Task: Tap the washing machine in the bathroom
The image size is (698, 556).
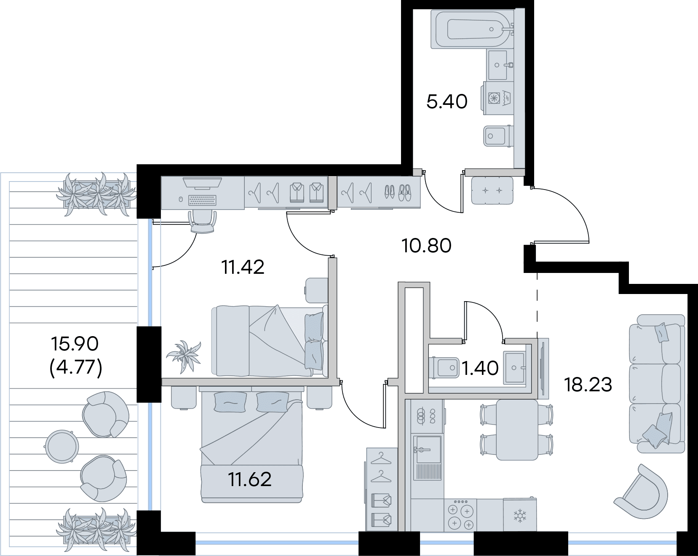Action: click(497, 98)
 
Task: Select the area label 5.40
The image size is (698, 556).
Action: click(447, 102)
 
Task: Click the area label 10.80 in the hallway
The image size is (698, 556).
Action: click(427, 246)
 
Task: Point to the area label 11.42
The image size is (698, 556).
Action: click(243, 267)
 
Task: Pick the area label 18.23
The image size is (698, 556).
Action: click(588, 385)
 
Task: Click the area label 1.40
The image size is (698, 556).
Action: click(480, 369)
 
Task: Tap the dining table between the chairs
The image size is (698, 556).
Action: click(517, 430)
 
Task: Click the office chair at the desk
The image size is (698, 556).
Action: click(203, 221)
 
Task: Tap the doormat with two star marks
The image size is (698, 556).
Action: click(492, 190)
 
